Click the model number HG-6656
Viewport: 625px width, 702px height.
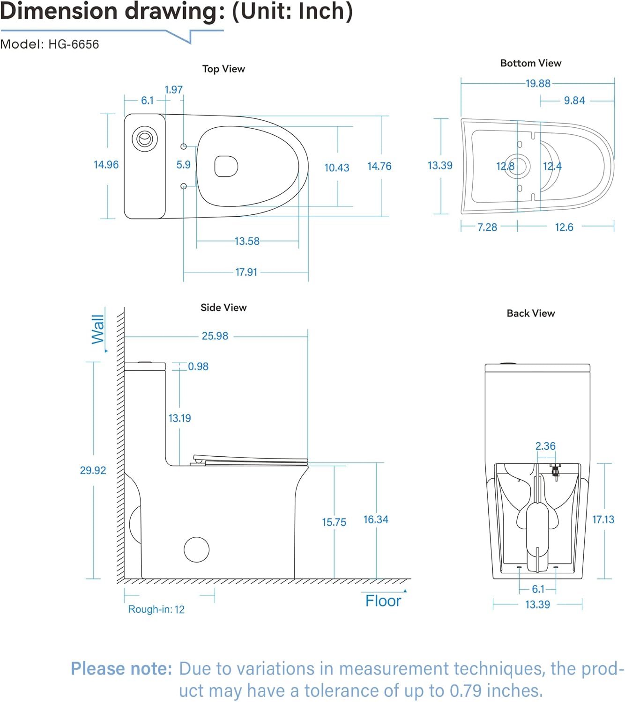click(x=74, y=44)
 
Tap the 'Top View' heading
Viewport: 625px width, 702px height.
click(x=223, y=69)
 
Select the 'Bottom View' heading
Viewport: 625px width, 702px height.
click(x=530, y=63)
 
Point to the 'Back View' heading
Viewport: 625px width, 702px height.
click(x=530, y=313)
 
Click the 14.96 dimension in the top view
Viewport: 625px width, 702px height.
click(x=106, y=165)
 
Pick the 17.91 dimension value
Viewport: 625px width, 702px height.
click(x=246, y=272)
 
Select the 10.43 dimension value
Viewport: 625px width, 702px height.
click(x=336, y=168)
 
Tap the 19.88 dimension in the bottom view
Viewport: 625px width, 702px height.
click(x=537, y=84)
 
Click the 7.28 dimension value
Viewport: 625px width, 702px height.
click(x=487, y=227)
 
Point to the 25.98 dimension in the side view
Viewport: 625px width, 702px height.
click(x=215, y=336)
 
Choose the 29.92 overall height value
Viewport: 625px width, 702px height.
click(x=93, y=470)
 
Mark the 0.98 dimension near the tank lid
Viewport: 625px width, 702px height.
click(x=198, y=366)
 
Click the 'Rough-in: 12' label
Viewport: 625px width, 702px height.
click(x=156, y=609)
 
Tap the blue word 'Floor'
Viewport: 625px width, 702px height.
click(x=383, y=601)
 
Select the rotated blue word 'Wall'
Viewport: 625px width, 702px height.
click(x=98, y=329)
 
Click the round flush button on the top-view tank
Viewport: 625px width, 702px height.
click(x=145, y=139)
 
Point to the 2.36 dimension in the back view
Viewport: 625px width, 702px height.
click(x=545, y=446)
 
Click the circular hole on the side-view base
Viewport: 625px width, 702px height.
click(x=196, y=549)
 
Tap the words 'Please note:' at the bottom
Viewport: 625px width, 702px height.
click(x=121, y=669)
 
